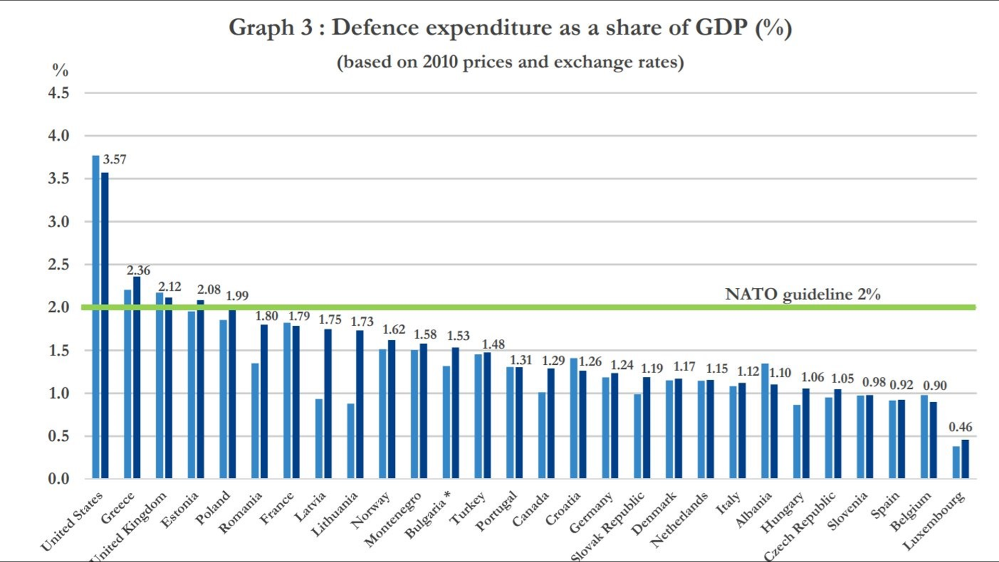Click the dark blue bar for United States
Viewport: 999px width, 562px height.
(105, 325)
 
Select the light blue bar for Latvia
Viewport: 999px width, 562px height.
(319, 438)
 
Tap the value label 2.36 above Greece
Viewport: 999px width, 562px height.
(138, 270)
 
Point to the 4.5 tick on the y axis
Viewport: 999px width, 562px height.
(58, 93)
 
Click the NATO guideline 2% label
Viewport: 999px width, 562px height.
(802, 294)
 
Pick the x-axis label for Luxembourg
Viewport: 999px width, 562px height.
(934, 520)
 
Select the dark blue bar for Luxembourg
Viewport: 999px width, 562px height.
(965, 459)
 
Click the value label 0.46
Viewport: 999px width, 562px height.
(960, 427)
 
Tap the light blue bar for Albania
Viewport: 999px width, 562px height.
(765, 420)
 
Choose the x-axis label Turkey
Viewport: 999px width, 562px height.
(468, 507)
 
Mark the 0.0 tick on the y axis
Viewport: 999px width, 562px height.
(58, 479)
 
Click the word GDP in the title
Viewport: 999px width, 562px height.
(721, 27)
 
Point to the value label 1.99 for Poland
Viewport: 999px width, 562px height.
(237, 296)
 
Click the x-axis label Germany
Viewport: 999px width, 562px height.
(591, 512)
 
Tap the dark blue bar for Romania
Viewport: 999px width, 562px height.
(264, 401)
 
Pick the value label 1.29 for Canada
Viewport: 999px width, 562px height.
(553, 361)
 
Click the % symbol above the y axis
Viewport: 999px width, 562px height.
(60, 70)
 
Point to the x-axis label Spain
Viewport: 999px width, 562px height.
(886, 504)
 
